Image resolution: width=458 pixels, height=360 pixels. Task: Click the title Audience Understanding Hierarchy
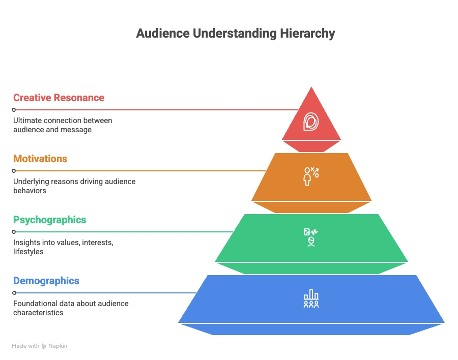pyautogui.click(x=236, y=34)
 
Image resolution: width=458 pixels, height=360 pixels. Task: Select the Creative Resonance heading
pyautogui.click(x=59, y=98)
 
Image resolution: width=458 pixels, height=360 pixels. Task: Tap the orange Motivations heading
pyautogui.click(x=40, y=159)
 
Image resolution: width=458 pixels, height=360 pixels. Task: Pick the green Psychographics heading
pyautogui.click(x=49, y=220)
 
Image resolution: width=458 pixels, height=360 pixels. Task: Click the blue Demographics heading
pyautogui.click(x=46, y=281)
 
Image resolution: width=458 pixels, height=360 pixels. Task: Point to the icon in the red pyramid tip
pyautogui.click(x=311, y=122)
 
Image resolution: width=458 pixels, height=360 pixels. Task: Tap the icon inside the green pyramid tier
pyautogui.click(x=310, y=237)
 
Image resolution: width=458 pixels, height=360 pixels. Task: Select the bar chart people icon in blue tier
pyautogui.click(x=311, y=299)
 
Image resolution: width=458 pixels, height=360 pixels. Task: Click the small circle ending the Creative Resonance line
pyautogui.click(x=14, y=109)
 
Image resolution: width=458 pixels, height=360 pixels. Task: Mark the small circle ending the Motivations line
pyautogui.click(x=14, y=170)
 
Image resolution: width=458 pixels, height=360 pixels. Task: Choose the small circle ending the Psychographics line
pyautogui.click(x=14, y=231)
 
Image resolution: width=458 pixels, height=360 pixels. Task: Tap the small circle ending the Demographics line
pyautogui.click(x=14, y=293)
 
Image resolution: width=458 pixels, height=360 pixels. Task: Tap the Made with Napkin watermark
pyautogui.click(x=40, y=346)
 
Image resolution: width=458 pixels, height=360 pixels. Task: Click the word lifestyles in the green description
pyautogui.click(x=28, y=252)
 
